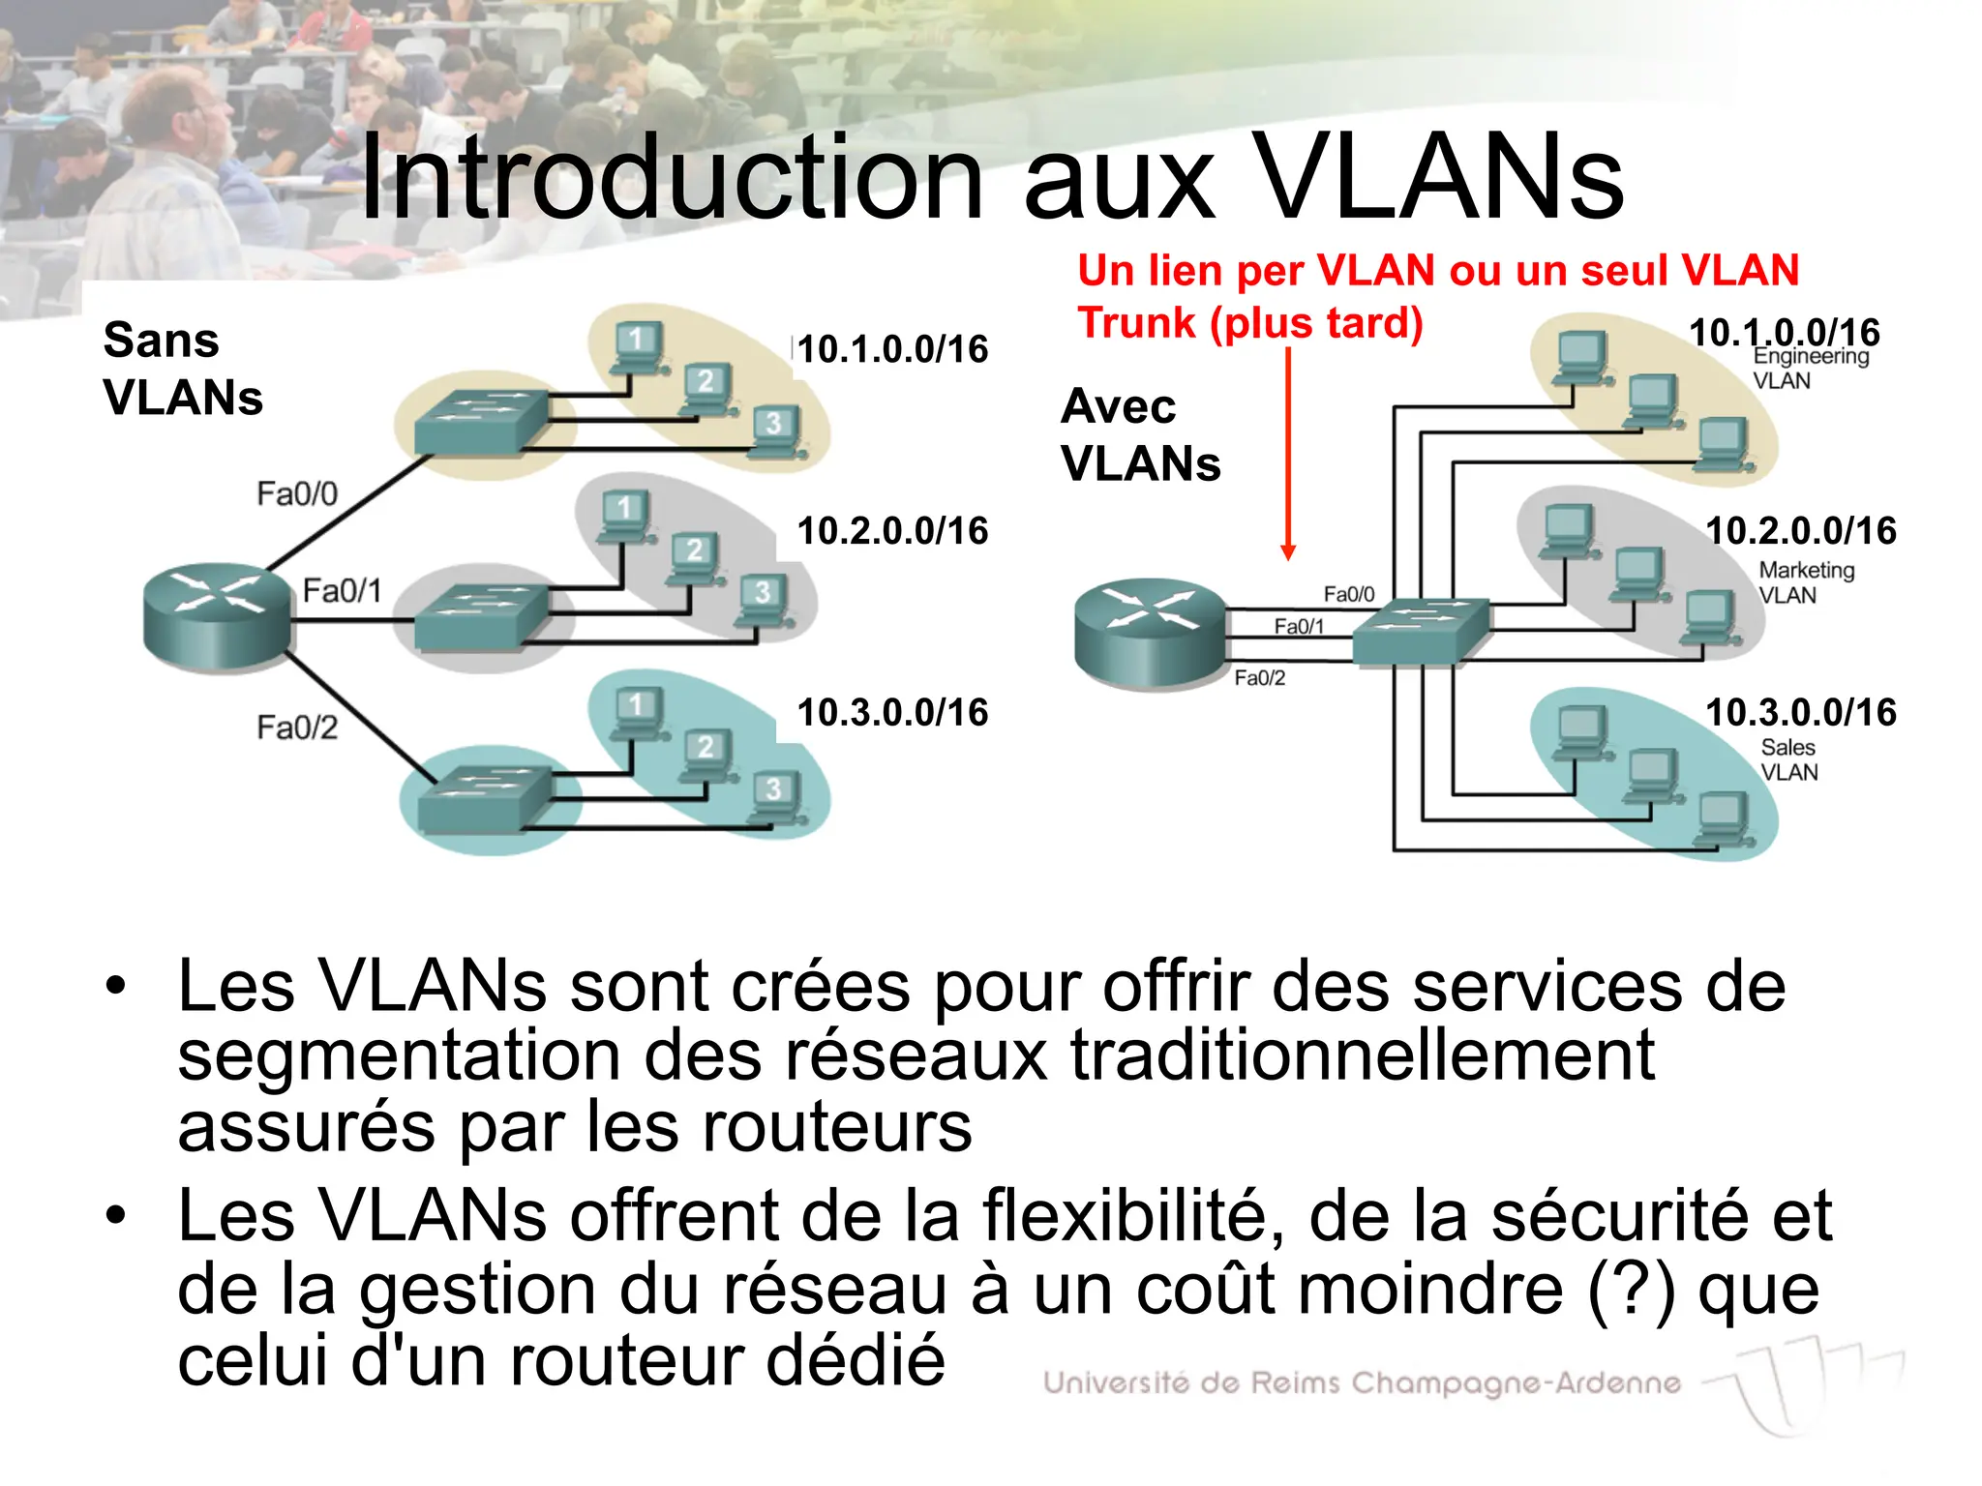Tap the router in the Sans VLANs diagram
point(217,616)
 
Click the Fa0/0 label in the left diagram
point(297,494)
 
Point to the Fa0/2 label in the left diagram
point(297,728)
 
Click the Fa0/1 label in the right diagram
point(1299,627)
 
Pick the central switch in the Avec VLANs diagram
point(1418,632)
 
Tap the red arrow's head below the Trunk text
point(1288,552)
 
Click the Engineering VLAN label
point(1810,369)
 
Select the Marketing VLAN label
point(1806,582)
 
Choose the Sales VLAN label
point(1788,759)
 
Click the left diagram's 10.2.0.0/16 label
point(892,531)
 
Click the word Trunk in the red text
point(1137,323)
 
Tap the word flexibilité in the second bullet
point(1133,1216)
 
